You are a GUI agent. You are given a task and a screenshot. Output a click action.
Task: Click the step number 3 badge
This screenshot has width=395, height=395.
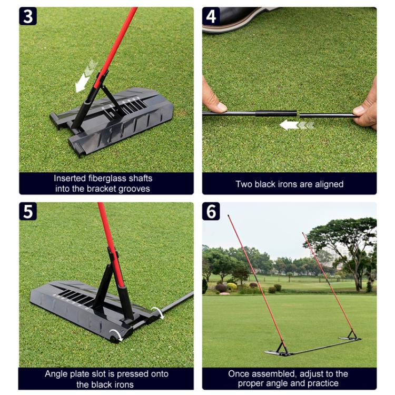(28, 16)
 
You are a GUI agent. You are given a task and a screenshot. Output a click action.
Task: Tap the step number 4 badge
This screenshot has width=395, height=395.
(211, 16)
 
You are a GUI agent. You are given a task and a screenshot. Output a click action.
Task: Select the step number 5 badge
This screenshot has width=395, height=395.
(28, 211)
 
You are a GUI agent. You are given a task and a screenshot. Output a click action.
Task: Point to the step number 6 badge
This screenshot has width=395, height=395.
(211, 211)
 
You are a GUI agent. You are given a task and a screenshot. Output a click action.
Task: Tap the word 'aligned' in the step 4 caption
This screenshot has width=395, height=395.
(329, 184)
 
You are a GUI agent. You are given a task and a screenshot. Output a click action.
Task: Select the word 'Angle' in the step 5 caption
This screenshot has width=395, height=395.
(55, 374)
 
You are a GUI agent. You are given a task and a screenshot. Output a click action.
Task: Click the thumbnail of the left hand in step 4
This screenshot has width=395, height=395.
(221, 107)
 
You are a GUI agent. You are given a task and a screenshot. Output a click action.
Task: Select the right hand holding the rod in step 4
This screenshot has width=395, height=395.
(366, 108)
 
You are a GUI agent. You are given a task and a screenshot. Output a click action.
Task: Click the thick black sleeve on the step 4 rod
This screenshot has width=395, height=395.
(276, 114)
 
